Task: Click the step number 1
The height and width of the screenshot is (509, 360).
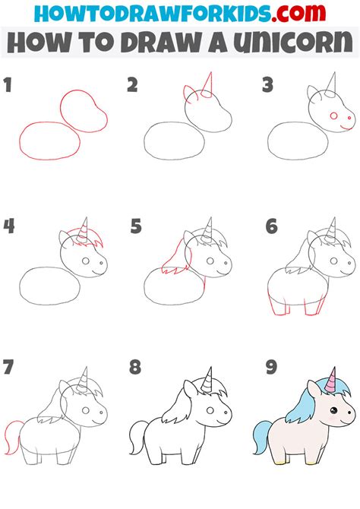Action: (x=9, y=86)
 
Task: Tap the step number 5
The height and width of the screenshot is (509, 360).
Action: (x=135, y=226)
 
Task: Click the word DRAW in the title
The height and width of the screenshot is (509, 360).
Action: (x=156, y=44)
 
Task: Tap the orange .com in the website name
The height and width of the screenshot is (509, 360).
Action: (x=293, y=14)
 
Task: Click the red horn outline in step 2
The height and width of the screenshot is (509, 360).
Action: (x=208, y=85)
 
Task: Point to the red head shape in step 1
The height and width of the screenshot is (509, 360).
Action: (x=83, y=110)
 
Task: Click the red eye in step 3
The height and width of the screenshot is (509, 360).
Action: (x=333, y=116)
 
